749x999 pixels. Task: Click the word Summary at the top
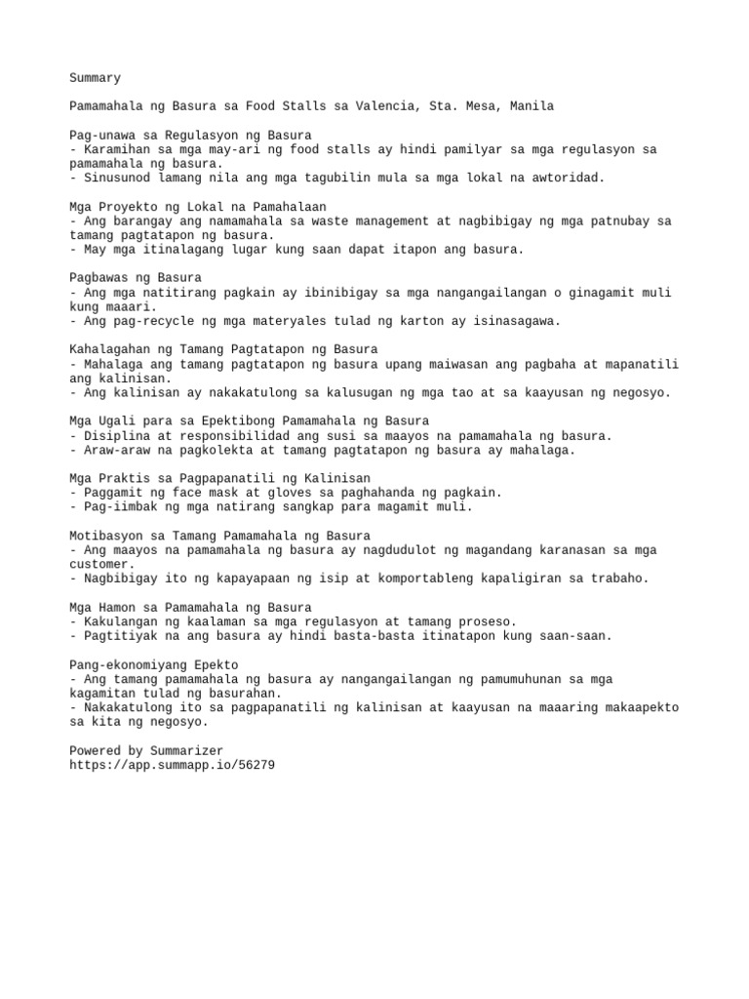95,77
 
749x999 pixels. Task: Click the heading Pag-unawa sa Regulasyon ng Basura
190,135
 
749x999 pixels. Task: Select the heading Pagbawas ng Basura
136,278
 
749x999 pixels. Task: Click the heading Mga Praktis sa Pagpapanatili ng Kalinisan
219,478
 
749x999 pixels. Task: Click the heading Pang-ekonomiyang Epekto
154,664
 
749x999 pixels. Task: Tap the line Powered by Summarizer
146,750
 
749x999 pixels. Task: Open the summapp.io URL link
172,765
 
